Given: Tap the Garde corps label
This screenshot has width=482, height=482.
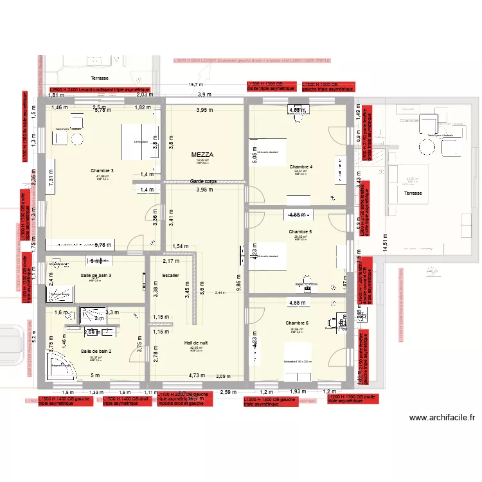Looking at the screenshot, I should click(203, 182).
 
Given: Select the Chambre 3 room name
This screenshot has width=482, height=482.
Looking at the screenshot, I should click(103, 170).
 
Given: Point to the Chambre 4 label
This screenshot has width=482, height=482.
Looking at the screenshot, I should click(301, 167).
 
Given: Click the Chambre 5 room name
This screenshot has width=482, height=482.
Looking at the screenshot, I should click(300, 232).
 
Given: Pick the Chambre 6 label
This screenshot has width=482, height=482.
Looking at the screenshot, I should click(298, 323).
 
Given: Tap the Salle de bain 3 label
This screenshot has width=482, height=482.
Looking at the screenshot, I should click(96, 275).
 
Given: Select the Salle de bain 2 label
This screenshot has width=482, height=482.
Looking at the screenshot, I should click(96, 352).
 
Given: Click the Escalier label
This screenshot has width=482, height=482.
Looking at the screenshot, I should click(171, 275).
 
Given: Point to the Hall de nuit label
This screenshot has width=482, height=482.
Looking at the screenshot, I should click(196, 344).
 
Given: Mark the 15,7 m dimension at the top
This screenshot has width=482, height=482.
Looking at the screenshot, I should click(195, 84).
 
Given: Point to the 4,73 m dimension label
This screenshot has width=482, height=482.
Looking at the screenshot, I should click(197, 375).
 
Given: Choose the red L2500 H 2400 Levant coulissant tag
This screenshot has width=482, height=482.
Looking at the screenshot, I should click(100, 89).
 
